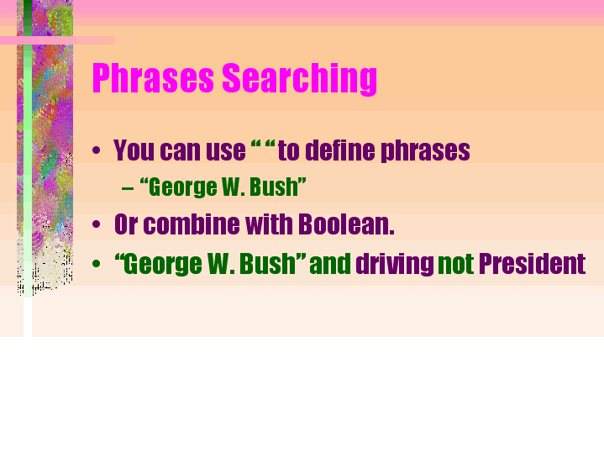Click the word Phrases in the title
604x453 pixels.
pos(153,78)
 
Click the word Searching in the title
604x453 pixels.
pos(299,79)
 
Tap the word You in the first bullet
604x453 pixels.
pos(134,150)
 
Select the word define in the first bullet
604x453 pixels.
pos(340,150)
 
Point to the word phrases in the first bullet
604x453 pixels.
pos(425,151)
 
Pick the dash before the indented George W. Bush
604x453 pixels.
pos(128,188)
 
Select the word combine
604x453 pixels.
pos(192,224)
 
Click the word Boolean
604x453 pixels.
pos(346,224)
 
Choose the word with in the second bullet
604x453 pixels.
pos(269,224)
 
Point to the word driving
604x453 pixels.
pos(395,265)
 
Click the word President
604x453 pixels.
pos(532,264)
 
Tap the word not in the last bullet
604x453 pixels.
pos(455,265)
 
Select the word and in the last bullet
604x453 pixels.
pos(330,264)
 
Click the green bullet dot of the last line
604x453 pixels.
pos(97,264)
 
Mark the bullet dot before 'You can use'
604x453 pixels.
pos(97,150)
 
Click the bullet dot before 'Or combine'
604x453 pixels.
pos(97,224)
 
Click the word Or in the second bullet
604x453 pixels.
pos(126,224)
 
